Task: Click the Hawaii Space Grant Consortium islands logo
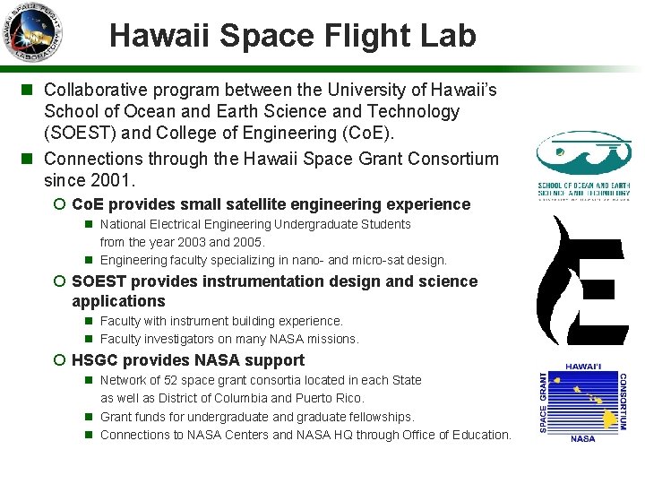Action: (582, 405)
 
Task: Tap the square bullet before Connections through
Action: (27, 159)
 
